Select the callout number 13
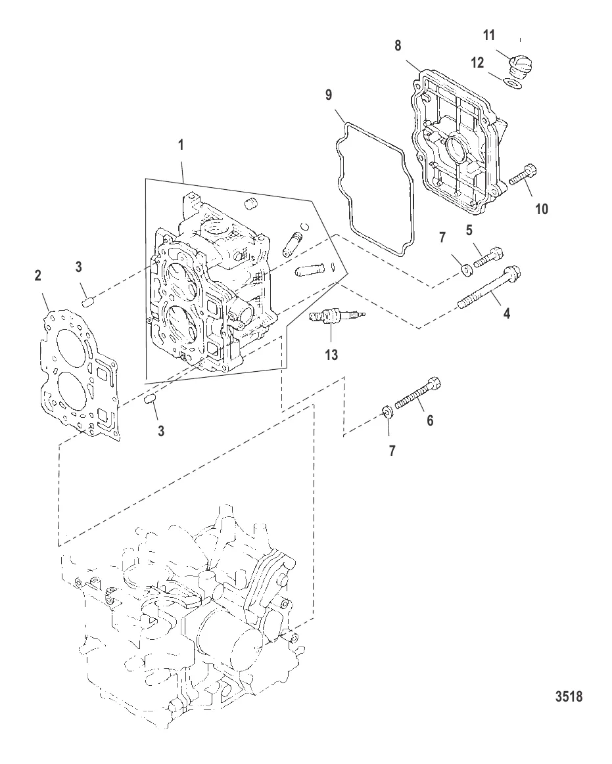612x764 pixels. [331, 355]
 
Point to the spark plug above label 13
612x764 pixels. [335, 318]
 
